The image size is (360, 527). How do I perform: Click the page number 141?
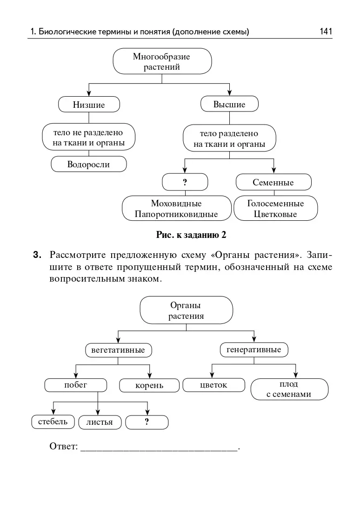coord(326,32)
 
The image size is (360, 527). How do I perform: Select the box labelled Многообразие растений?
coord(162,61)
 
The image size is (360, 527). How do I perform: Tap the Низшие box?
coord(89,105)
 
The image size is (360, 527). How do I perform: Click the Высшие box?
coord(229,104)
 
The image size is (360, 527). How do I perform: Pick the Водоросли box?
coord(88,164)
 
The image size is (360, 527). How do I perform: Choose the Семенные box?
coord(273,182)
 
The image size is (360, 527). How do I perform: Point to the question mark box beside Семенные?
coord(185,182)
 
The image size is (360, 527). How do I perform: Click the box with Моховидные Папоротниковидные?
coord(176,209)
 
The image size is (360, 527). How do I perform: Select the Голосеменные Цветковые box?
coord(275,209)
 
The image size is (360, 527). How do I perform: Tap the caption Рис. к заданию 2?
coord(191,235)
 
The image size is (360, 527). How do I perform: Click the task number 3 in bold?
coord(37,255)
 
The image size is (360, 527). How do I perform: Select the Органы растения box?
coord(186,310)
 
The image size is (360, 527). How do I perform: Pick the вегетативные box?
coord(118,350)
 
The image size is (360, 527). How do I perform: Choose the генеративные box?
coord(253,349)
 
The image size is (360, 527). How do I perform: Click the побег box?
coord(76,385)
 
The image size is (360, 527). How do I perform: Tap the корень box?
coord(149,386)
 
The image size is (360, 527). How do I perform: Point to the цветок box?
coord(213,385)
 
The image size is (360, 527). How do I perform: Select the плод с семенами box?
coord(289,389)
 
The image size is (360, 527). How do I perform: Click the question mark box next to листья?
coord(147,422)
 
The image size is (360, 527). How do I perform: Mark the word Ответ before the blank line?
coord(63,447)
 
